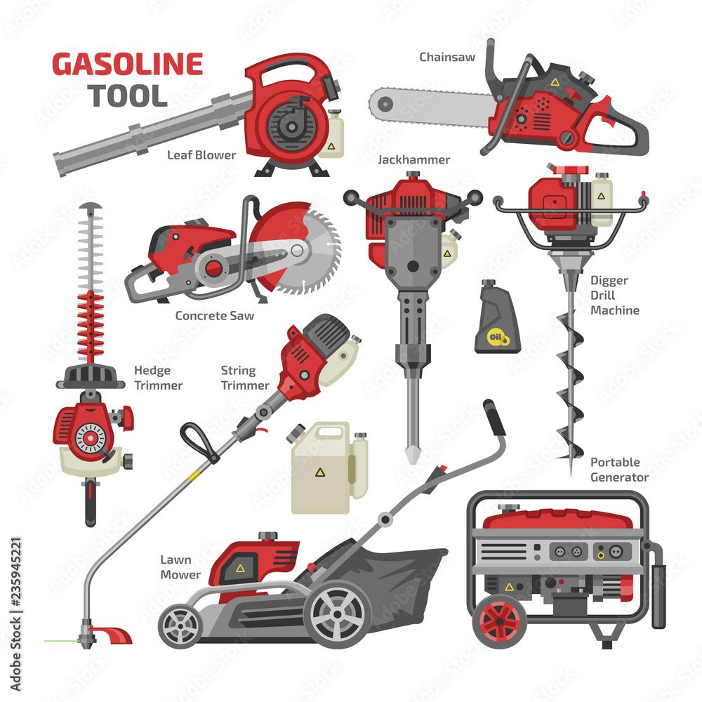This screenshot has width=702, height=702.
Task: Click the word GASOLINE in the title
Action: click(127, 65)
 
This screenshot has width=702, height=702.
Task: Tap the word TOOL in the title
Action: click(128, 95)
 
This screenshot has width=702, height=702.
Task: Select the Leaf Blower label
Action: click(201, 155)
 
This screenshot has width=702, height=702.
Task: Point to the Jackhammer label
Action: click(413, 160)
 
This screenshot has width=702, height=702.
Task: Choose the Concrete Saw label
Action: click(214, 316)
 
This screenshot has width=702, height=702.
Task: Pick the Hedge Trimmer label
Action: click(158, 378)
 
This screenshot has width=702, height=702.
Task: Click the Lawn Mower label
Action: click(180, 567)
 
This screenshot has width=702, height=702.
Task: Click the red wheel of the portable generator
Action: click(499, 621)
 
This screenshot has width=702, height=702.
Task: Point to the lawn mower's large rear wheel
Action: click(338, 616)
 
